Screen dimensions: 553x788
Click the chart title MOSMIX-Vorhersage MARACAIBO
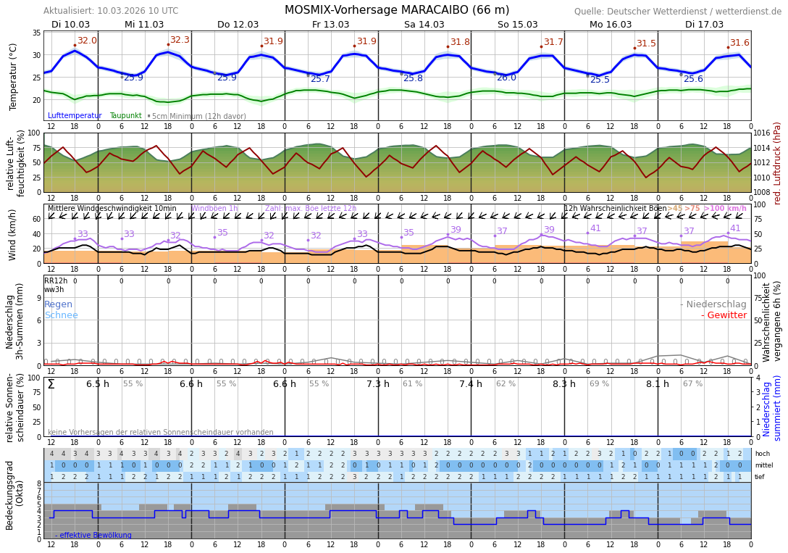tap(396, 10)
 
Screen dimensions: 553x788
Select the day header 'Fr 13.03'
tap(330, 25)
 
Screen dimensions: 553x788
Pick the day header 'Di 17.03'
tap(704, 25)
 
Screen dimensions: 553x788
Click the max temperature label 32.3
tap(180, 41)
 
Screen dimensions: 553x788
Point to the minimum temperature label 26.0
tap(506, 78)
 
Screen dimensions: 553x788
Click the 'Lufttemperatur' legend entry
tap(75, 116)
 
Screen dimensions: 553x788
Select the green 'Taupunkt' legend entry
tap(125, 116)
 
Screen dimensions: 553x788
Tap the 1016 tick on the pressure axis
tap(763, 133)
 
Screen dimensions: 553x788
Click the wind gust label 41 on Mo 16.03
tap(595, 228)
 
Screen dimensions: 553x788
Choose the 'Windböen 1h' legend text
tap(214, 209)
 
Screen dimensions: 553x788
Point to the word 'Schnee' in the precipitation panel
tap(61, 315)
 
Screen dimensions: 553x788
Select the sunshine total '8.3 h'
tap(563, 384)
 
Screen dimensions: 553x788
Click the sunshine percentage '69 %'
tap(599, 384)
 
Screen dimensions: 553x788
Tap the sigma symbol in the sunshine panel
tap(51, 384)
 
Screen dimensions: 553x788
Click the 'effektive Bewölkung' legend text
tap(96, 536)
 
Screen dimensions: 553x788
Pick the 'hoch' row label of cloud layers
tap(762, 454)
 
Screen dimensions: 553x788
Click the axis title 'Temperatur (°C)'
tap(13, 76)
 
